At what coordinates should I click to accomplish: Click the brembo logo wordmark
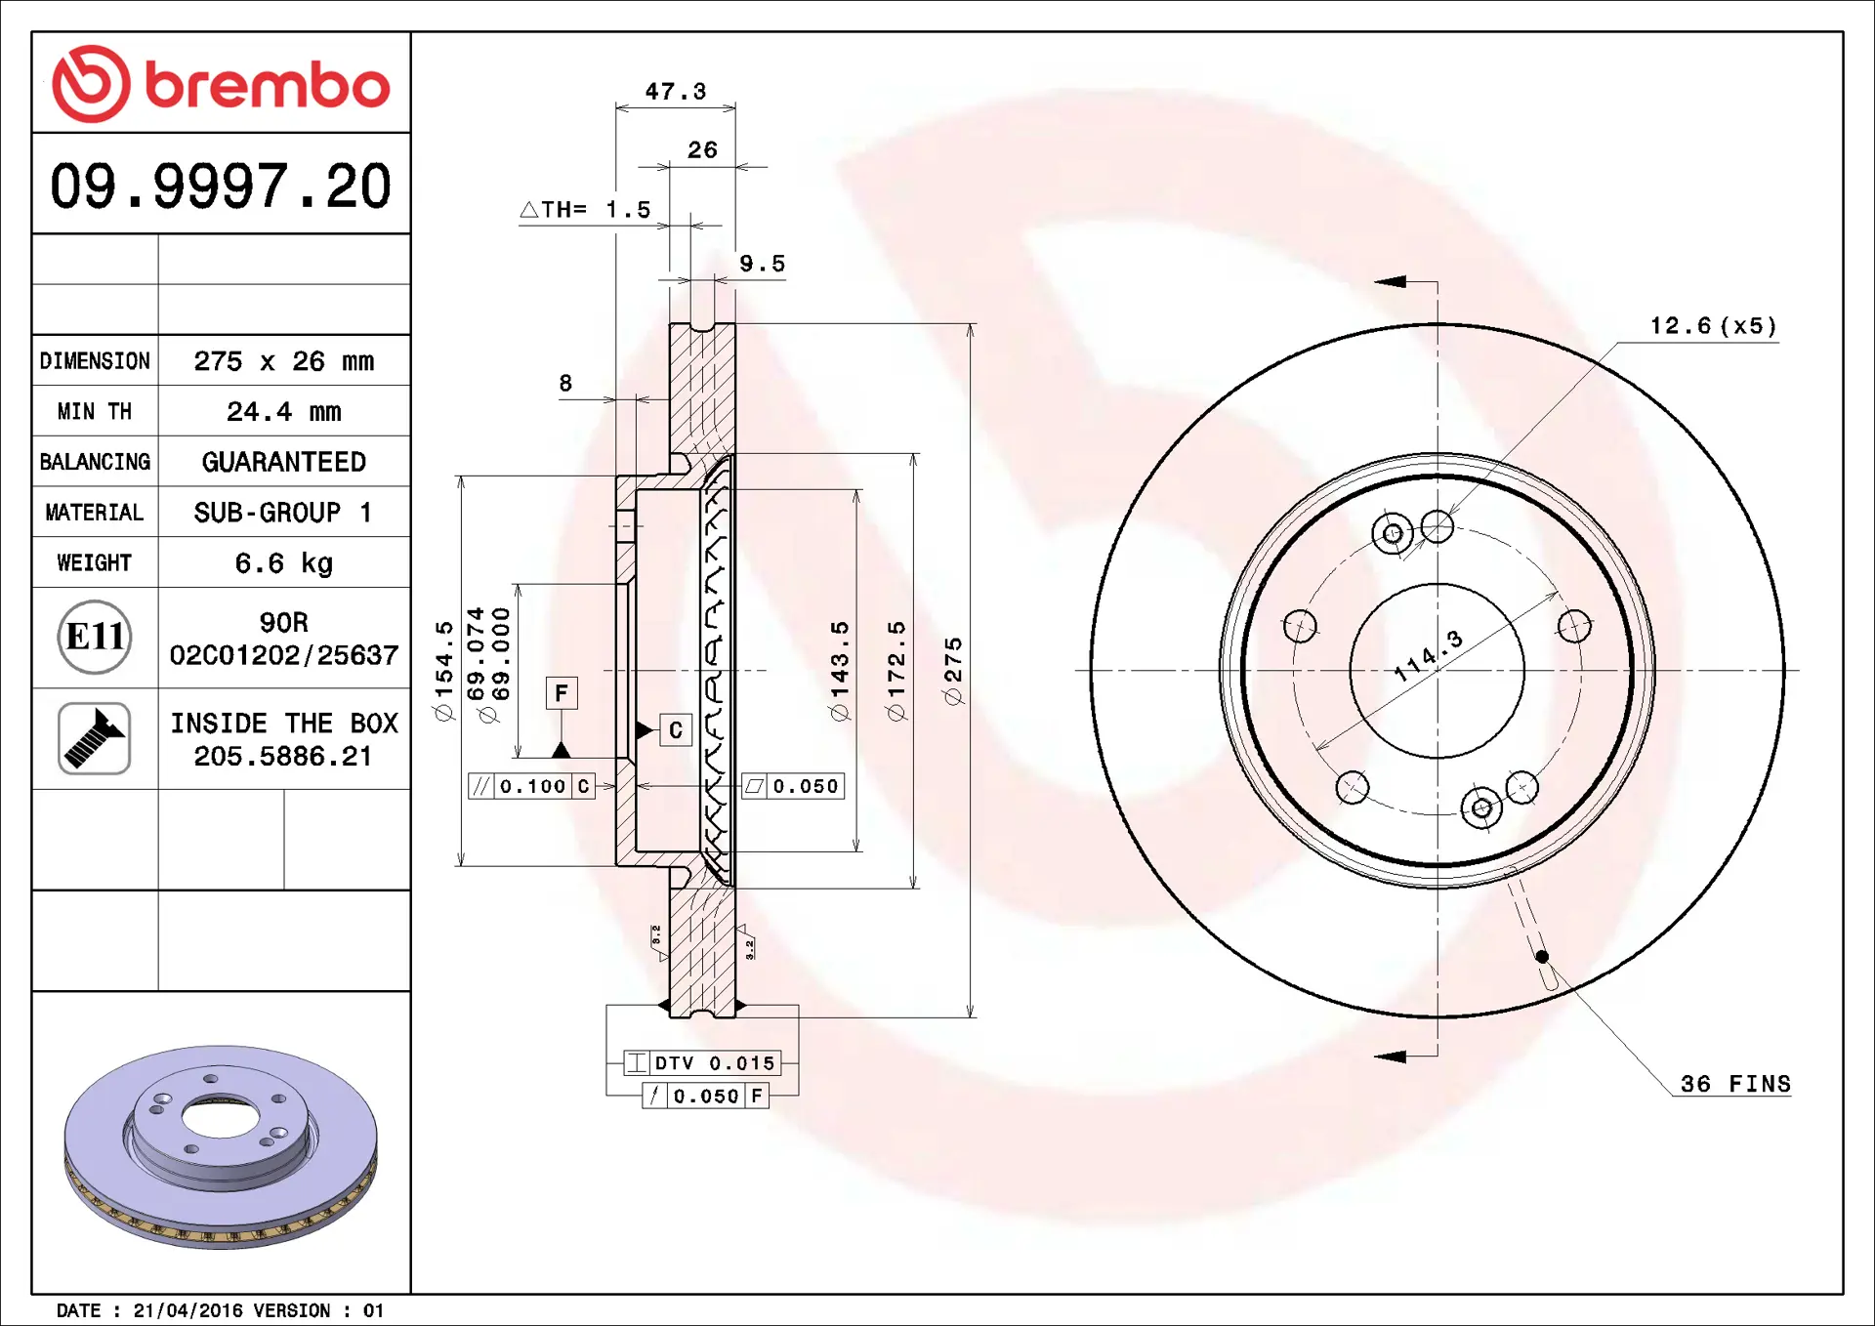[268, 85]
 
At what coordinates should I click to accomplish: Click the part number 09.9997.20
[221, 186]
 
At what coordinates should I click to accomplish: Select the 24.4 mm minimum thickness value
[284, 411]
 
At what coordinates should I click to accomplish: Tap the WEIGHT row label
[94, 562]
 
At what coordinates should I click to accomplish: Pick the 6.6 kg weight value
[284, 563]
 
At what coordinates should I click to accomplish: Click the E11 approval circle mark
[95, 638]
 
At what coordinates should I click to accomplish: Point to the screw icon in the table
[95, 738]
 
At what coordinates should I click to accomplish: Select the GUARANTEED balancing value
[284, 462]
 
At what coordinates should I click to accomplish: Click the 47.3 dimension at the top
[676, 91]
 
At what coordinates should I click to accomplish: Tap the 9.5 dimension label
[762, 264]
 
